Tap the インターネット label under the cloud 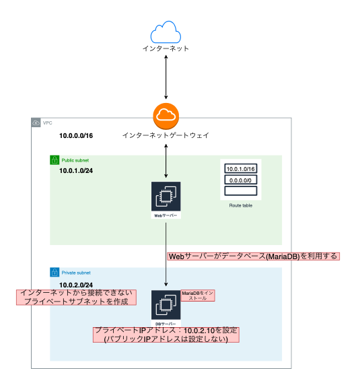(x=166, y=49)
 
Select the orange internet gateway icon (x=166, y=116)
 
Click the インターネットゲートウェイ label (x=166, y=135)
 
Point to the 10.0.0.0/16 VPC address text (x=76, y=136)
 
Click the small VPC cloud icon (x=36, y=123)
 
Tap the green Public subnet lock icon (x=55, y=160)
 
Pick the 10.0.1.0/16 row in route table (x=240, y=168)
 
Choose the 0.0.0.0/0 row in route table (x=240, y=180)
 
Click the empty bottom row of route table (x=240, y=191)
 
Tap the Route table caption (x=240, y=205)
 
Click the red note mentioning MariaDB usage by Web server (x=252, y=256)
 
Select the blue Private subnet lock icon (x=55, y=273)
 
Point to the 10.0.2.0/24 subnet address (x=76, y=285)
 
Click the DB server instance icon (x=166, y=304)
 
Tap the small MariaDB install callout (x=198, y=295)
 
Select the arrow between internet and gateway (x=166, y=77)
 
